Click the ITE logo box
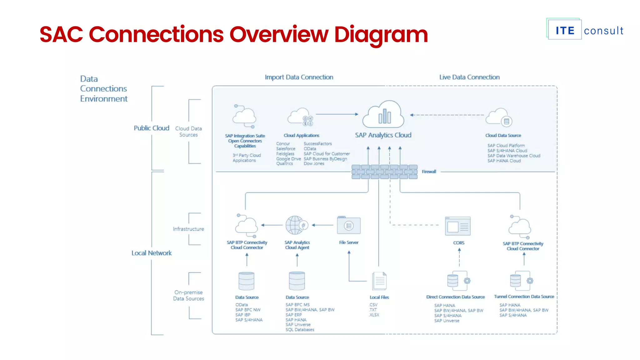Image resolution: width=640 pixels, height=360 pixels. [x=564, y=30]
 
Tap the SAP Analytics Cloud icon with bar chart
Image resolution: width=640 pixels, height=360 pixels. [x=383, y=115]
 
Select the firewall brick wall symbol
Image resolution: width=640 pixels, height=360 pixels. [x=384, y=172]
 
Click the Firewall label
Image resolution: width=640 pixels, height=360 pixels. [x=429, y=172]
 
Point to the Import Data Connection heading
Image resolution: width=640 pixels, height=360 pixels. [x=299, y=77]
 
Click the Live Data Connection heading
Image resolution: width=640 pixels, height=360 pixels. [x=469, y=77]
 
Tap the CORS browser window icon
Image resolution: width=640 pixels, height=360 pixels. [x=457, y=226]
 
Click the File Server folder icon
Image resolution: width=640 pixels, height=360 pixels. [x=348, y=225]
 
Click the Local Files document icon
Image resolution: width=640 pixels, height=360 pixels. [x=379, y=281]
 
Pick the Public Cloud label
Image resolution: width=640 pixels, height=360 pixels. [x=151, y=128]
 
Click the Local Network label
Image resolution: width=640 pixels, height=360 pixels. [x=151, y=253]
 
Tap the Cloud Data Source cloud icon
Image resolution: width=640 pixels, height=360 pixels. [x=499, y=117]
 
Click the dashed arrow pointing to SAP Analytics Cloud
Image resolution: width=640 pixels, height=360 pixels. [x=447, y=115]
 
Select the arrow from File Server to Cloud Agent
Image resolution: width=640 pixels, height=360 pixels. [x=323, y=225]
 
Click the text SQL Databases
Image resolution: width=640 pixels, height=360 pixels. [x=300, y=330]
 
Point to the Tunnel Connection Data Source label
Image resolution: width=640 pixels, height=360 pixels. [x=524, y=297]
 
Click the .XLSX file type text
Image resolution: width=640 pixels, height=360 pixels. [x=374, y=315]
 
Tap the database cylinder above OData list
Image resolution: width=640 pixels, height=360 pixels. [x=246, y=281]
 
